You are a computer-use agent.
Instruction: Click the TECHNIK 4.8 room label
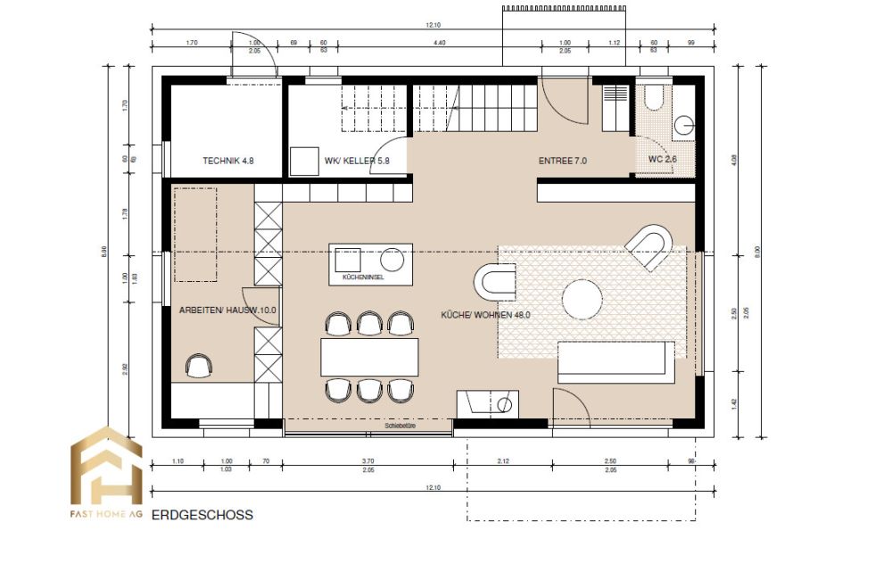[229, 161]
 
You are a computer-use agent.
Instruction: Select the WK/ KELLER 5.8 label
[357, 161]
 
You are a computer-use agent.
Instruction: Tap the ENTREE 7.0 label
[562, 161]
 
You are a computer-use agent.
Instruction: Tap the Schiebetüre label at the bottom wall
[401, 426]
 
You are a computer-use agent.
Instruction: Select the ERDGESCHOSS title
[202, 515]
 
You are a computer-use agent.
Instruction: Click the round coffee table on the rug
[582, 300]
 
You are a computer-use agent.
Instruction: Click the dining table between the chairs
[369, 357]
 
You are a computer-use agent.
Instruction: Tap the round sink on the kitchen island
[392, 261]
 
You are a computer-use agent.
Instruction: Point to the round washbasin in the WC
[685, 126]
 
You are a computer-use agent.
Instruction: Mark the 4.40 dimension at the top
[440, 43]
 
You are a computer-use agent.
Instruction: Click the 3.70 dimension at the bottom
[368, 462]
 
